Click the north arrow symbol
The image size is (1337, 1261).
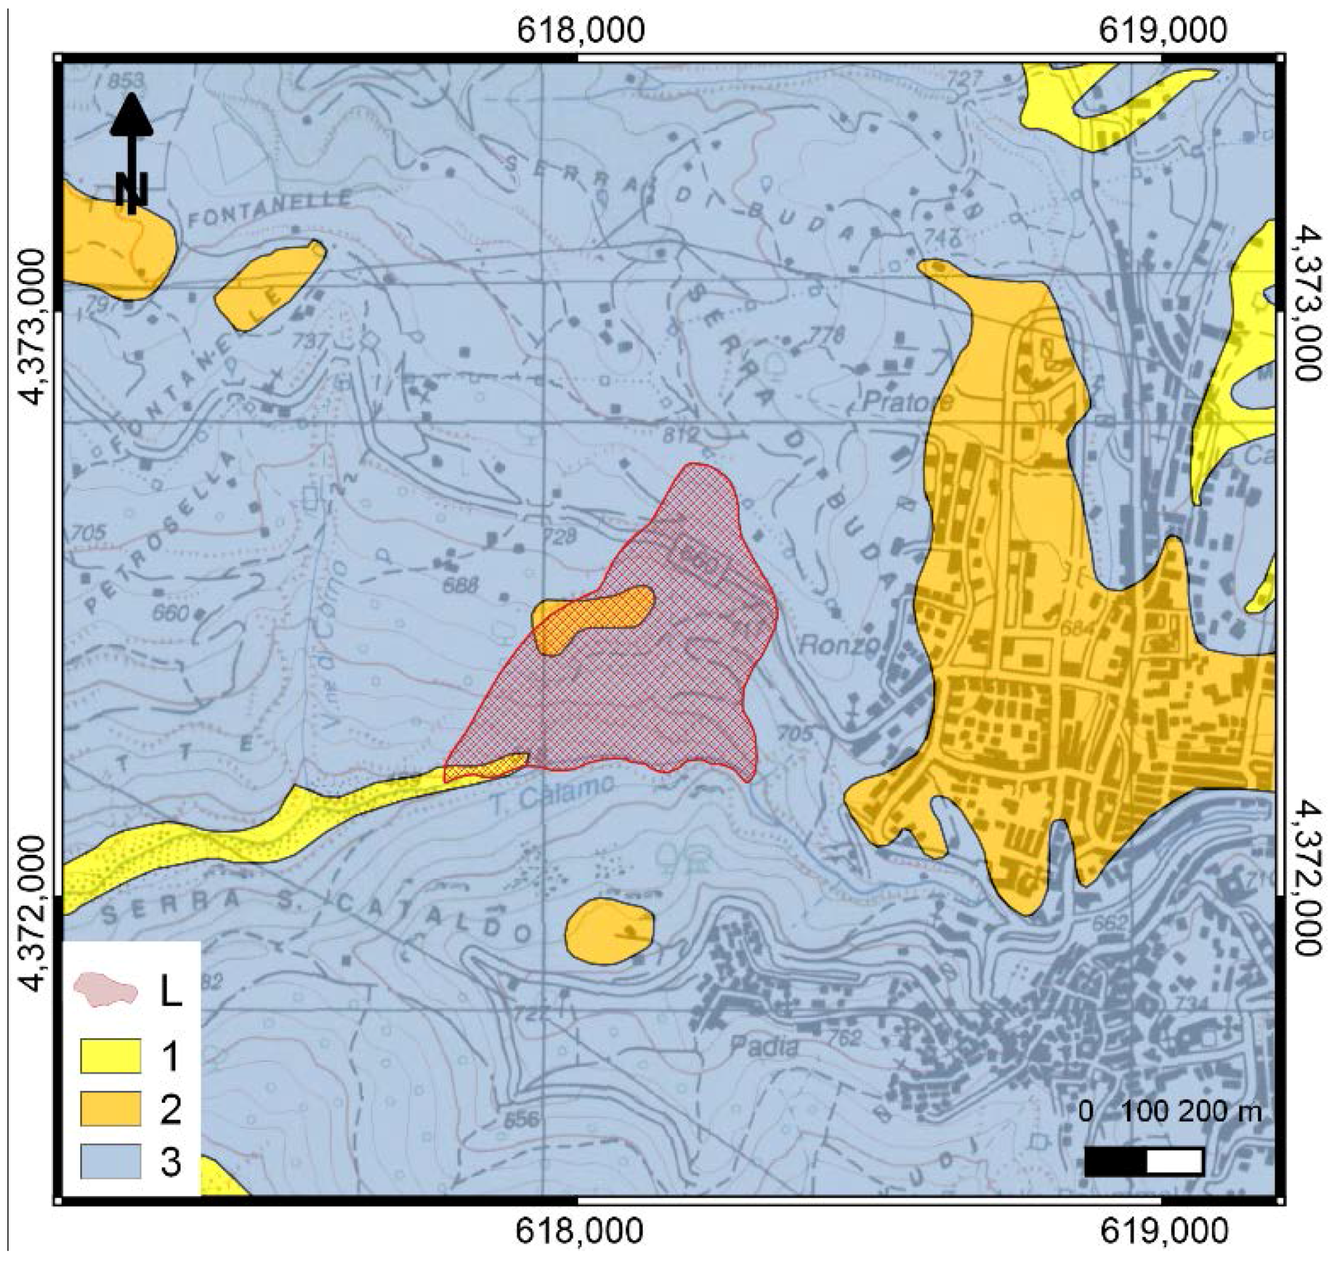(132, 151)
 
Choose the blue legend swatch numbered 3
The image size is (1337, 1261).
(110, 1161)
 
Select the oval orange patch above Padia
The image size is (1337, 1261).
(609, 930)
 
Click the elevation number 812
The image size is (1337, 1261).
(681, 435)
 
